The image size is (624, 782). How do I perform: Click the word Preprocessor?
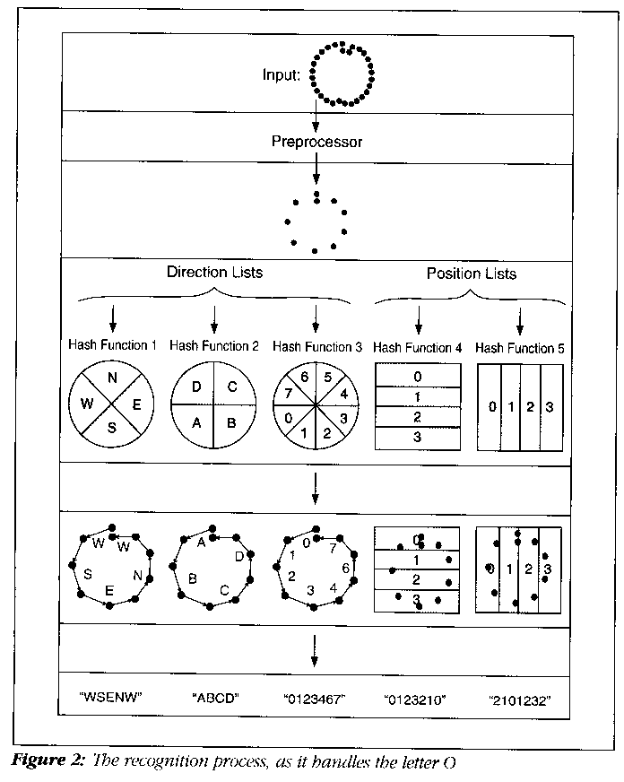pos(316,141)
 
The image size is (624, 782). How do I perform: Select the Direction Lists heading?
pos(214,272)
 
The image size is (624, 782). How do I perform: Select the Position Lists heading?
pos(471,274)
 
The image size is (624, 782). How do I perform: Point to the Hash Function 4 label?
pos(418,348)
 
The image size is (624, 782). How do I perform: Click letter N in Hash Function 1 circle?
pos(113,378)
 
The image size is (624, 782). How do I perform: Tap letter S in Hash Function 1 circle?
pos(113,428)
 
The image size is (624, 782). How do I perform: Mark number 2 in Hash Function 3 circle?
pos(325,433)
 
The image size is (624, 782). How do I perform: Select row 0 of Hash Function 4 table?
pos(417,376)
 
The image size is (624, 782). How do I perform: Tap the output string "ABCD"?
pos(214,695)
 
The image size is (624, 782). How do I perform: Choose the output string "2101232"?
pos(520,697)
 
